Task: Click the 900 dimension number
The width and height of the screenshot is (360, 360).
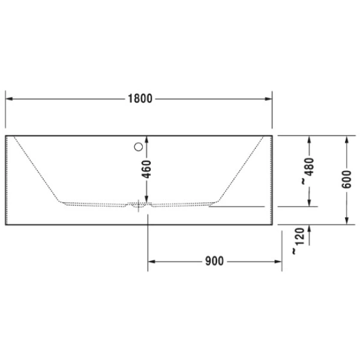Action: (x=214, y=261)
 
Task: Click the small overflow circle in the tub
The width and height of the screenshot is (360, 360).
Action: (x=139, y=145)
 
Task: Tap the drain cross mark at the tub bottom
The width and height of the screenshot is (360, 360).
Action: (x=142, y=205)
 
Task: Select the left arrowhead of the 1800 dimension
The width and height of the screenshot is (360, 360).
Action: (x=10, y=98)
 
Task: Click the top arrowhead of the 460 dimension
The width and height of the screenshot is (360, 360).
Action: (x=148, y=140)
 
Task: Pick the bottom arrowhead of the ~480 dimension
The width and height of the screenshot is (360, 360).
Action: (x=309, y=202)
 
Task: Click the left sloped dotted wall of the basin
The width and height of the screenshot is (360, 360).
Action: (x=36, y=170)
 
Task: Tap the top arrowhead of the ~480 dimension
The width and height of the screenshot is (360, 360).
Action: (x=309, y=140)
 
